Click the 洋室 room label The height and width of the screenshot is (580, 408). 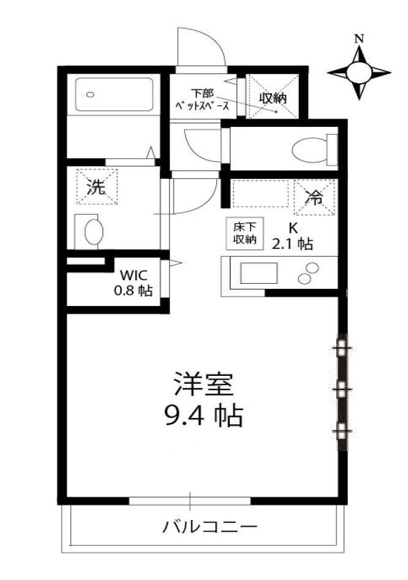203,384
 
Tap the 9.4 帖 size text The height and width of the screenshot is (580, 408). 203,416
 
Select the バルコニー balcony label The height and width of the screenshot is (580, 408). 210,526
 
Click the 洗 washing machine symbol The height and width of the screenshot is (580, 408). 97,187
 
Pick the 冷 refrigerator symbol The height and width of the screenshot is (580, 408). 314,197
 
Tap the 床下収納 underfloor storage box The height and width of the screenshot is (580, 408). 244,233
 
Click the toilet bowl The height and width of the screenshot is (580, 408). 309,150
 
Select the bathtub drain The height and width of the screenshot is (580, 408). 91,94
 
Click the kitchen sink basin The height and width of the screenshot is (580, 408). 259,273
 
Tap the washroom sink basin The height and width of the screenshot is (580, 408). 94,232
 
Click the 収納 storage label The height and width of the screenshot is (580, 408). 273,97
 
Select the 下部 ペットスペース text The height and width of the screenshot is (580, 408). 202,100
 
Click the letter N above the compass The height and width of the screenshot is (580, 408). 358,38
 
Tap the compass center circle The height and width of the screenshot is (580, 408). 359,72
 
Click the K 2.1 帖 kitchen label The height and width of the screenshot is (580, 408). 293,237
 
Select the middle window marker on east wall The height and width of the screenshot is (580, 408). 342,389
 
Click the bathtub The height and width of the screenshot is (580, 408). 114,94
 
